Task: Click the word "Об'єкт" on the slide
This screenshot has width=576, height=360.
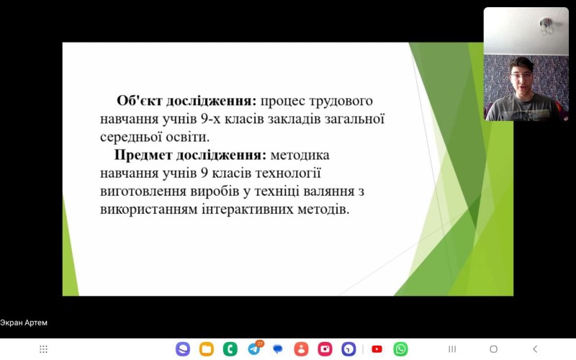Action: tap(139, 101)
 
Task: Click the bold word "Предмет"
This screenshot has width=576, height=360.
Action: tap(143, 155)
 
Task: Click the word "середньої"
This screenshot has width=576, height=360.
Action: tap(131, 138)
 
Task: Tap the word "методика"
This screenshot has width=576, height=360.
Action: tap(300, 155)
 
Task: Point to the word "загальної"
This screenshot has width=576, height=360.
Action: tap(354, 119)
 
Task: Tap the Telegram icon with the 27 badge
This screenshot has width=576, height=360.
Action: tap(255, 348)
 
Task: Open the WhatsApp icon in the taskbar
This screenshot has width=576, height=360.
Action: tap(400, 349)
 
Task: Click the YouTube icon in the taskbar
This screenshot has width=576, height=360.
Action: tap(377, 349)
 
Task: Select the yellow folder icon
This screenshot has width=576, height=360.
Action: tap(207, 349)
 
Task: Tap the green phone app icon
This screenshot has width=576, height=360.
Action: tap(230, 349)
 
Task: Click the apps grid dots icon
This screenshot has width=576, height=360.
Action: tap(43, 349)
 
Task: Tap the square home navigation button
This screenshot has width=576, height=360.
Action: tap(494, 349)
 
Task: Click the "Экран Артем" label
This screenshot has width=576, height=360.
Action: tap(24, 323)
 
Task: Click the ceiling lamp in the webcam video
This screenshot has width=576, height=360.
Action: tap(546, 26)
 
